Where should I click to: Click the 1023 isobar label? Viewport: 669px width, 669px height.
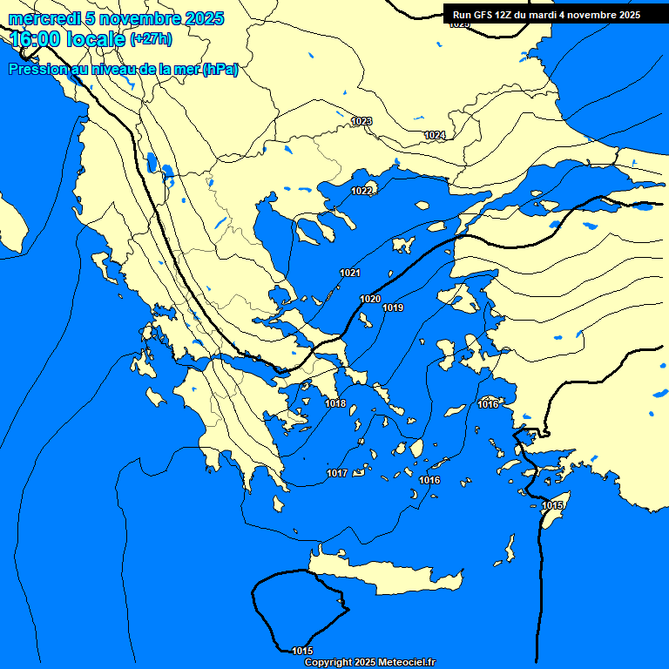point(362,121)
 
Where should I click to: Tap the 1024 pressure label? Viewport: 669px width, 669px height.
point(435,135)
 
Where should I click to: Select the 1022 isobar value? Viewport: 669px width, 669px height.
point(362,191)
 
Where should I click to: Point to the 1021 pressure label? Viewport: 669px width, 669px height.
point(350,273)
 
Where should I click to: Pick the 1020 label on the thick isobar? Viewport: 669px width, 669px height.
point(370,299)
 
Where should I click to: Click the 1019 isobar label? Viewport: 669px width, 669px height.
point(393,307)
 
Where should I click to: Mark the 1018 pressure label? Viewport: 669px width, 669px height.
point(335,403)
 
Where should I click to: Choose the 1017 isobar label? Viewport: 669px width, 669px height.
point(337,473)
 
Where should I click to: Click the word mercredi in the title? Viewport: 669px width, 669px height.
point(43,18)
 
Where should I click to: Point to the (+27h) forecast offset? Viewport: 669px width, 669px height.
point(151,39)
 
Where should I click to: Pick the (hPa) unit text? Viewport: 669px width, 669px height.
point(220,70)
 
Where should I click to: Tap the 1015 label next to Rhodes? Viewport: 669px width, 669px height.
point(552,505)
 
